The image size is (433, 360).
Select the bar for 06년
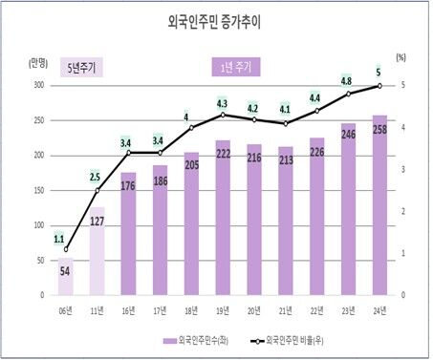(66, 277)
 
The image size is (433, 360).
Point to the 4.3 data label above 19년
(222, 103)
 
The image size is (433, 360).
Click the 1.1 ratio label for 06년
(59, 240)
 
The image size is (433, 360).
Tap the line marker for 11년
(97, 190)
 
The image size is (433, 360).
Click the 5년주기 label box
(81, 68)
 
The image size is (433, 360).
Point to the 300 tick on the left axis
(37, 86)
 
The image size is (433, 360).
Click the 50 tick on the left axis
(39, 261)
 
